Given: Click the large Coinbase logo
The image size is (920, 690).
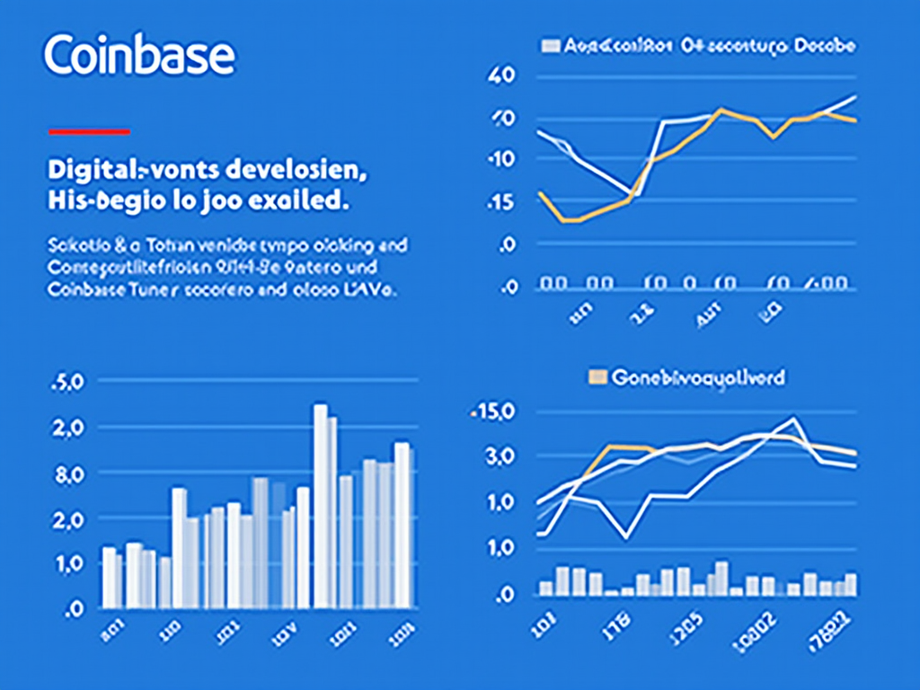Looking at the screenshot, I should [x=139, y=56].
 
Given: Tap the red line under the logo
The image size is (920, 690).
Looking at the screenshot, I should [x=89, y=132].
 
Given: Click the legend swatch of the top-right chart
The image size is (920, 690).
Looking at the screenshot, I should [x=551, y=44].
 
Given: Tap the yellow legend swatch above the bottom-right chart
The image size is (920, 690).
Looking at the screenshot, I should [x=597, y=376].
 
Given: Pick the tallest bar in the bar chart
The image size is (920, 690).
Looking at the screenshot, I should [x=321, y=506].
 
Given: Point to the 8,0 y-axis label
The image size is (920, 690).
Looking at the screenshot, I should [x=69, y=473].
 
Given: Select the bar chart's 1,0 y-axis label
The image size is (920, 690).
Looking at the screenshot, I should [x=69, y=564].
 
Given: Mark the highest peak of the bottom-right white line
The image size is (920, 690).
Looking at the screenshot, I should [x=792, y=418].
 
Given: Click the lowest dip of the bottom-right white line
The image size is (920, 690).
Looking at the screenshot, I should [x=627, y=537].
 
